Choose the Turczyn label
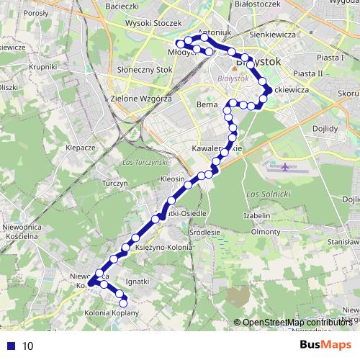coord(115,184)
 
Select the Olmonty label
coord(265,232)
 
